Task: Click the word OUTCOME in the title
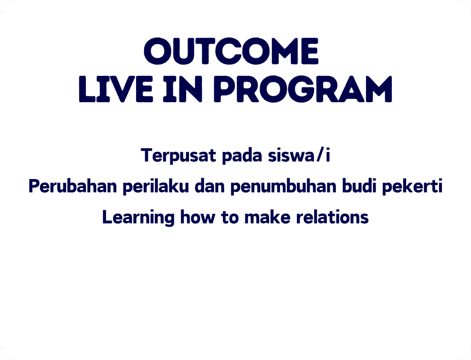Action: pyautogui.click(x=231, y=51)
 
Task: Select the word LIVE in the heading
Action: pyautogui.click(x=116, y=89)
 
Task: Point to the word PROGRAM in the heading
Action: pyautogui.click(x=303, y=89)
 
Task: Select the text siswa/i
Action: pyautogui.click(x=299, y=155)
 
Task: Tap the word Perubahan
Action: pyautogui.click(x=73, y=186)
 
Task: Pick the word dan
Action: pyautogui.click(x=209, y=186)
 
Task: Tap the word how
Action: pyautogui.click(x=198, y=217)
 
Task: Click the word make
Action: pyautogui.click(x=267, y=217)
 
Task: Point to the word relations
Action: pyautogui.click(x=333, y=217)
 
